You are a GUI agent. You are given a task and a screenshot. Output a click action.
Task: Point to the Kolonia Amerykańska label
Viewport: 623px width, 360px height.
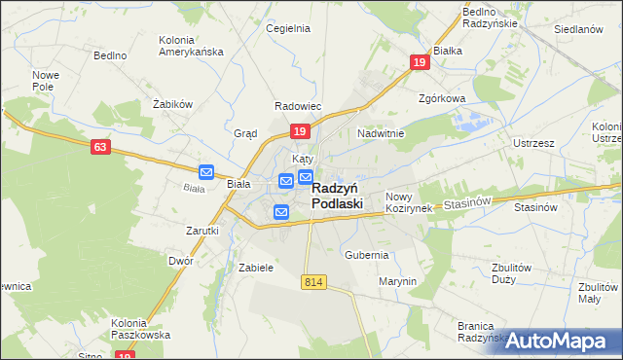click(191, 47)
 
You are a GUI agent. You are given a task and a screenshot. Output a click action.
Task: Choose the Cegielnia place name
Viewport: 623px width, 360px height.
click(288, 28)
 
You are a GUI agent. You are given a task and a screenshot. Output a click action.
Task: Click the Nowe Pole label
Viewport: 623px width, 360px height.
click(46, 81)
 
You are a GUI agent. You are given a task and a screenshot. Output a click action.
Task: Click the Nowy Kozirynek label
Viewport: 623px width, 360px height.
click(407, 202)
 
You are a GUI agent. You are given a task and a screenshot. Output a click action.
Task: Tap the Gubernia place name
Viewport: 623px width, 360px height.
click(367, 255)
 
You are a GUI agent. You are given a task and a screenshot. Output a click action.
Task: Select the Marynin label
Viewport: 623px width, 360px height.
click(397, 281)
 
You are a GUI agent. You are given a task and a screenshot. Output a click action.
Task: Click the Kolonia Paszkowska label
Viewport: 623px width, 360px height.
click(141, 328)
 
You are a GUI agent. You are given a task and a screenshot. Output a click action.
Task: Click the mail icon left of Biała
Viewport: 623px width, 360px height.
click(206, 172)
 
